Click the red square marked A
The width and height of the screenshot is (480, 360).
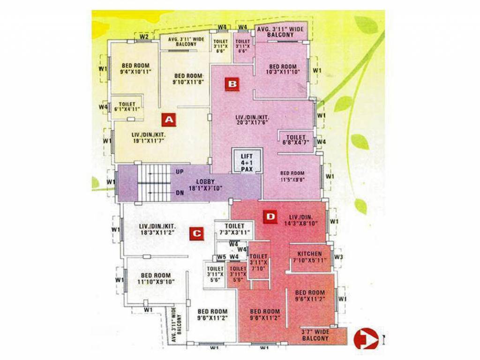click(168, 120)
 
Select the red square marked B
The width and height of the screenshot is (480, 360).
click(232, 84)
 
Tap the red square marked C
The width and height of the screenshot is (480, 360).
click(196, 234)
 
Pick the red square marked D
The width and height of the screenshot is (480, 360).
click(270, 217)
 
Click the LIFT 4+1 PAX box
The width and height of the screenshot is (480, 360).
click(247, 162)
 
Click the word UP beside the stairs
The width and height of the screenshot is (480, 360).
click(180, 172)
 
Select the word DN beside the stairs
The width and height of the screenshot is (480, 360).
click(180, 192)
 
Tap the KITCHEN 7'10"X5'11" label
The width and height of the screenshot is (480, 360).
click(307, 257)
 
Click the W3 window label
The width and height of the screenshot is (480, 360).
click(339, 256)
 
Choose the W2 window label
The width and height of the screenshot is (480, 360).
click(144, 37)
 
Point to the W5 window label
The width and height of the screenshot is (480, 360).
click(222, 257)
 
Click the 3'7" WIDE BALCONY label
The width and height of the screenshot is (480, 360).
click(315, 335)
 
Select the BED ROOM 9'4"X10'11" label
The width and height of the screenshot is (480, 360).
click(135, 69)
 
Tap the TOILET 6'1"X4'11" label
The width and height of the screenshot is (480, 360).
click(127, 107)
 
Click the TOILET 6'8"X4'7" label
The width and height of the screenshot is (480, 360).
click(296, 140)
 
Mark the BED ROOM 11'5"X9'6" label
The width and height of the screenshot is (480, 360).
click(292, 176)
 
